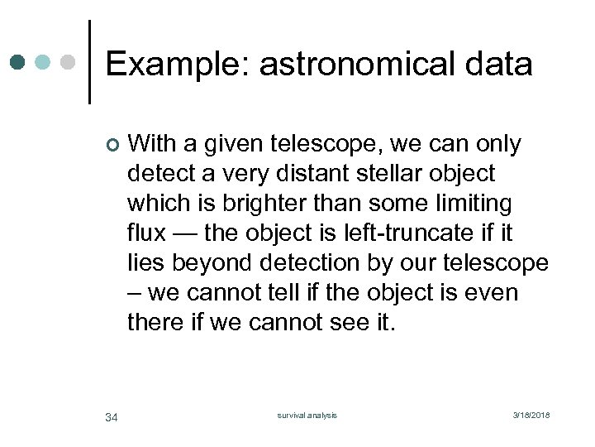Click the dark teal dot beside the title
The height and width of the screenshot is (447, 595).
click(17, 62)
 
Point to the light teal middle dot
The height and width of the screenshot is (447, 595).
click(44, 62)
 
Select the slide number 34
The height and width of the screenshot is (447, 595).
click(112, 416)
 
